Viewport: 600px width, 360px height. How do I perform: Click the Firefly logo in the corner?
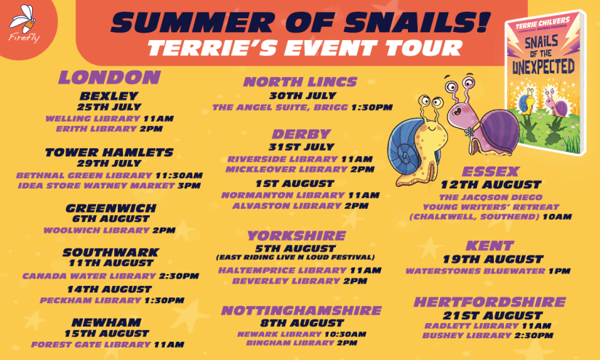pyautogui.click(x=24, y=24)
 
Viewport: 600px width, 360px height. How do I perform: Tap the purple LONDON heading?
pyautogui.click(x=109, y=77)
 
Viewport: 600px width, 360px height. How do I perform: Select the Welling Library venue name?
pyautogui.click(x=93, y=119)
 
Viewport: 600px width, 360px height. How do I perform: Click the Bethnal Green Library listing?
pyautogui.click(x=84, y=175)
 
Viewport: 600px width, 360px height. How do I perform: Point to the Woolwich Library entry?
pyautogui.click(x=97, y=231)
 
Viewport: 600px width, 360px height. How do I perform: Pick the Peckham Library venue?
pyautogui.click(x=91, y=300)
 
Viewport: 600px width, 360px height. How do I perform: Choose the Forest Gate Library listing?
pyautogui.click(x=91, y=345)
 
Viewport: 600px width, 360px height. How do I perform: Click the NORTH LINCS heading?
pyautogui.click(x=300, y=82)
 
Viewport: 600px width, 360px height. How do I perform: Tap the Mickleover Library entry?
pyautogui.click(x=287, y=169)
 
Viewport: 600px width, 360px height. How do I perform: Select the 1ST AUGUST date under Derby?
pyautogui.click(x=295, y=183)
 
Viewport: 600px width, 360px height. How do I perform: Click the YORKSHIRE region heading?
pyautogui.click(x=297, y=236)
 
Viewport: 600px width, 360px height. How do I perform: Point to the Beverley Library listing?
pyautogui.click(x=287, y=281)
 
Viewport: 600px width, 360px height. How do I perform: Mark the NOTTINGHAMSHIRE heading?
pyautogui.click(x=302, y=311)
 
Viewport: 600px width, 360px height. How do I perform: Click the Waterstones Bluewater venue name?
pyautogui.click(x=475, y=271)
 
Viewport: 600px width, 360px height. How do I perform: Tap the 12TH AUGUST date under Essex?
pyautogui.click(x=491, y=185)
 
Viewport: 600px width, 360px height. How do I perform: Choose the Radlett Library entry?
pyautogui.click(x=471, y=326)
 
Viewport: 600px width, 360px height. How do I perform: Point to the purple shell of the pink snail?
pyautogui.click(x=499, y=132)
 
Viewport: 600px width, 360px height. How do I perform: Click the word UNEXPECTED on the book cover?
pyautogui.click(x=543, y=68)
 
